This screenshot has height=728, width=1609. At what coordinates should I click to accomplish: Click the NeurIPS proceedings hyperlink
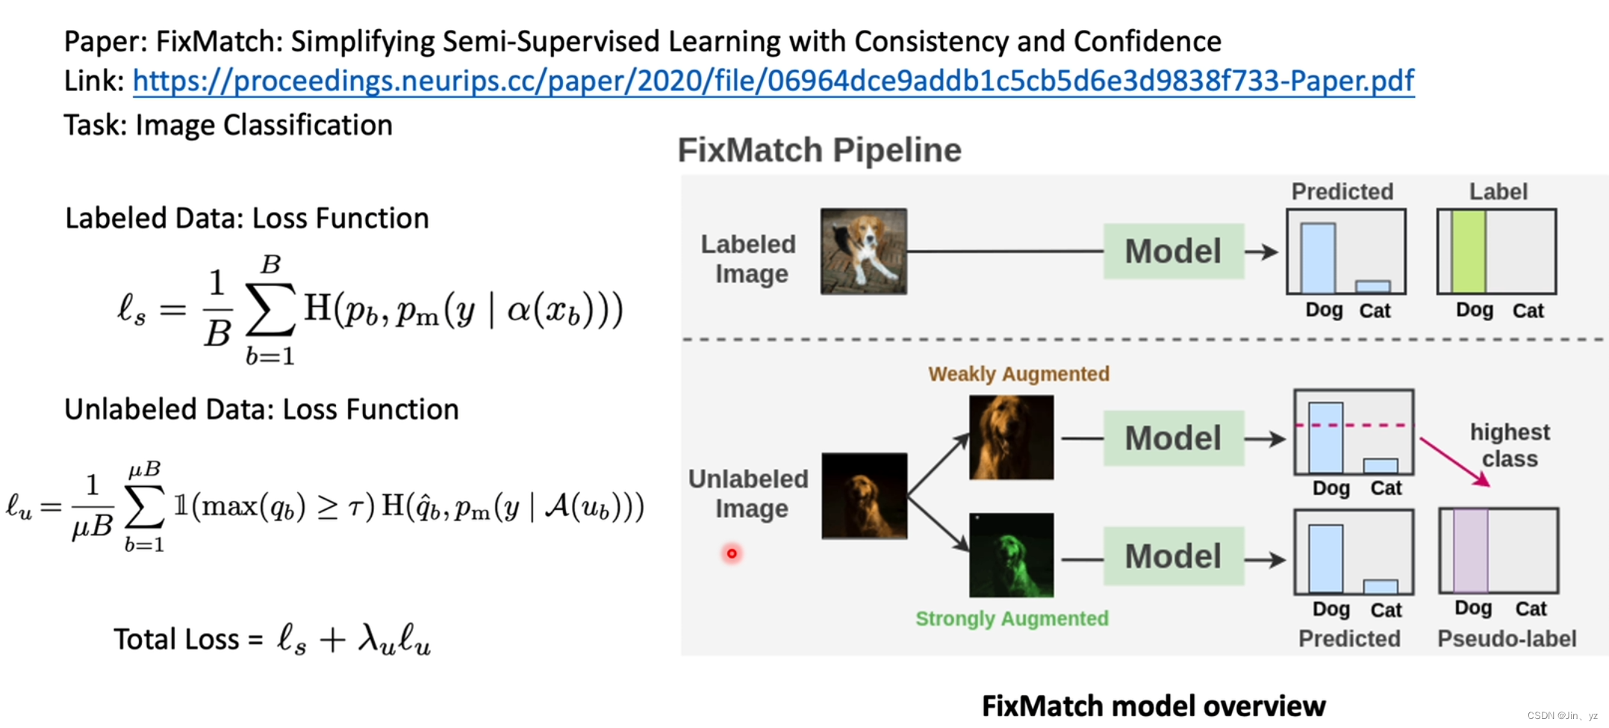[773, 81]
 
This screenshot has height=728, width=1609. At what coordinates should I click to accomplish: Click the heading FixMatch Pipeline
[819, 150]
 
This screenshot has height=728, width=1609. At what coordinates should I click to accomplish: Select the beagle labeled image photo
[863, 252]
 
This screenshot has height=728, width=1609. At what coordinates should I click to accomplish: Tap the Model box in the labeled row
[1173, 252]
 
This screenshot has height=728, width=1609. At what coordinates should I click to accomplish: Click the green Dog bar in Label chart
[1468, 252]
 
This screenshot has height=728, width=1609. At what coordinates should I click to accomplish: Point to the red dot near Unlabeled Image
[732, 553]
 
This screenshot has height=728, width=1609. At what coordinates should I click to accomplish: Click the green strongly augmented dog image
[1011, 555]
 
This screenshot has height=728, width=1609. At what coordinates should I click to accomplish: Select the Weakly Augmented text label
[1018, 373]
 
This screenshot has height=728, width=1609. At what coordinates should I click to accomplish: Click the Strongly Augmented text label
[1012, 618]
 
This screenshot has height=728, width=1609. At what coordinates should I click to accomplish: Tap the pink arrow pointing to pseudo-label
[1454, 461]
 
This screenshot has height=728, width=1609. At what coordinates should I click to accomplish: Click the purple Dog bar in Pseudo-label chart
[1470, 551]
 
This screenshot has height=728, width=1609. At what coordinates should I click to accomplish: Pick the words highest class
[1510, 445]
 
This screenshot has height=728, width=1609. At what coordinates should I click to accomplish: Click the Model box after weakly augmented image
[1173, 438]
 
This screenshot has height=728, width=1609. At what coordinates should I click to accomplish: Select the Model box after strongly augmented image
[1173, 556]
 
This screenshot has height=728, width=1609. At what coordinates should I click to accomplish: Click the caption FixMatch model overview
[1153, 706]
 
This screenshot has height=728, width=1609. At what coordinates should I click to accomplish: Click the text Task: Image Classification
[228, 125]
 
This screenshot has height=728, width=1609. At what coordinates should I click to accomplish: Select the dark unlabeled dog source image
[864, 496]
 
